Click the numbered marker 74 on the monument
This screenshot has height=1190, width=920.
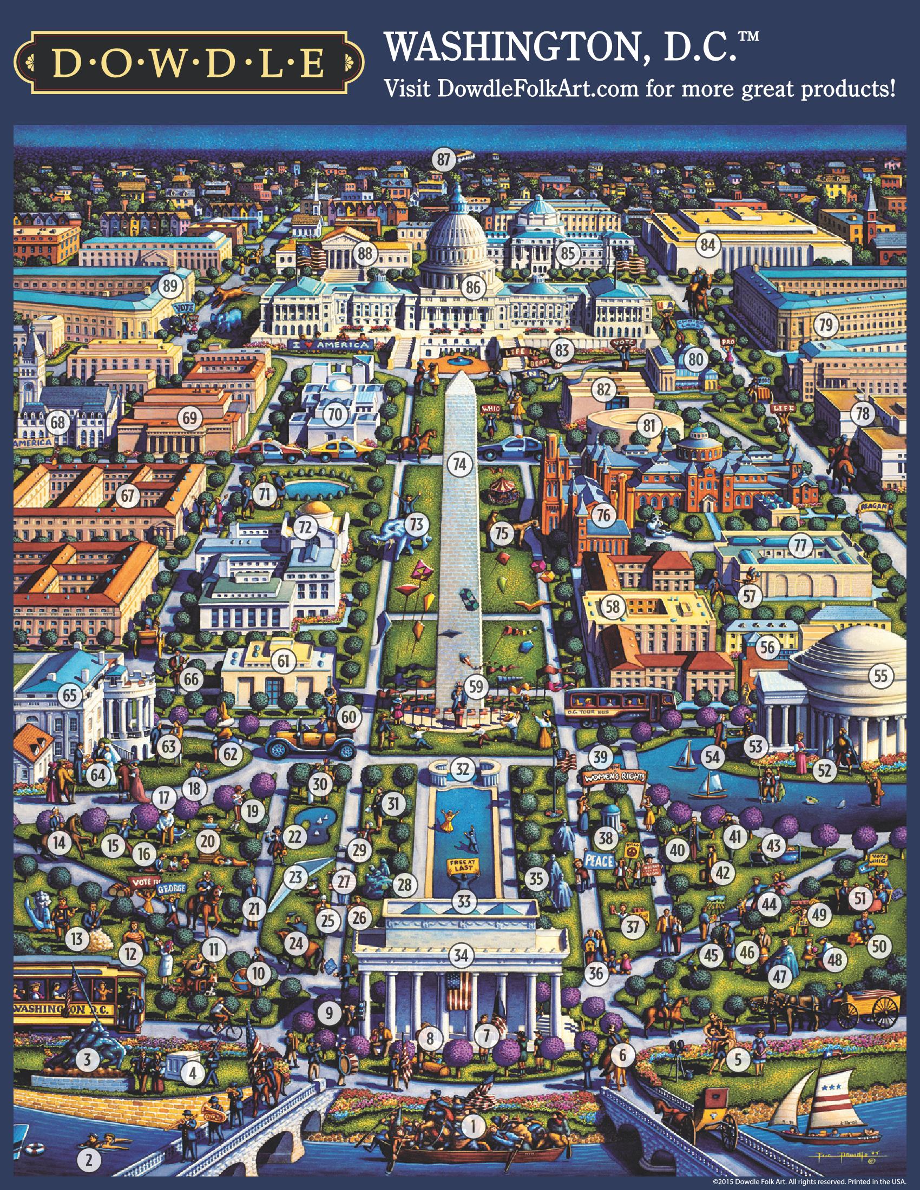tap(459, 464)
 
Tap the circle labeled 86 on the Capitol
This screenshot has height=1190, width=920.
tap(473, 287)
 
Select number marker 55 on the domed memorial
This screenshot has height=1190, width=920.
tap(880, 676)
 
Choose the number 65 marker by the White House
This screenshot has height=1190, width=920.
tap(70, 695)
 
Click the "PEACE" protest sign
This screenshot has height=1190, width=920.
tap(600, 862)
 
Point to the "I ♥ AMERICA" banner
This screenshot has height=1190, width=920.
tap(331, 345)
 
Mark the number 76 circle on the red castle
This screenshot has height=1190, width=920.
tap(603, 515)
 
